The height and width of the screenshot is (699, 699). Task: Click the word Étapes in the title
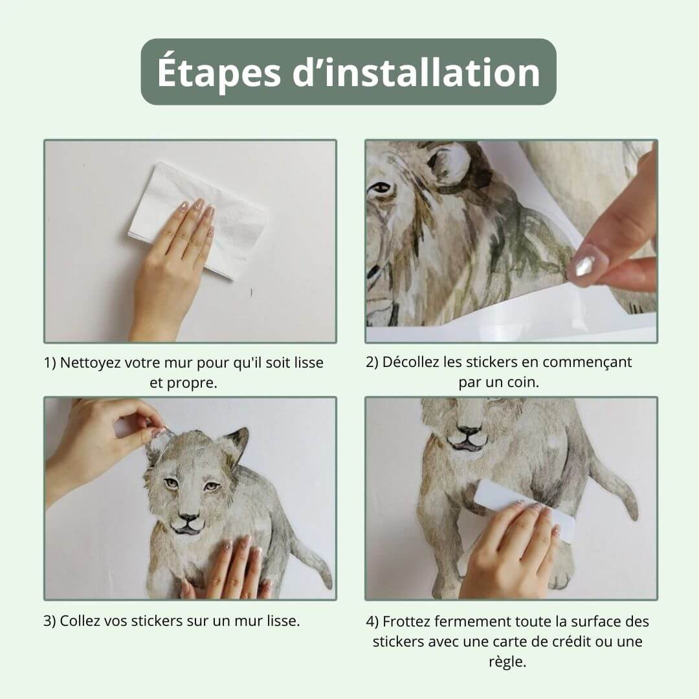[x=219, y=71]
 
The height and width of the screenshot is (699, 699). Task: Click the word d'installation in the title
[x=416, y=71]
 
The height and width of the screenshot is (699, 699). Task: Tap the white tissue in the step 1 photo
[x=199, y=221]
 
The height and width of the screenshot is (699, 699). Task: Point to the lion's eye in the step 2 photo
[x=381, y=188]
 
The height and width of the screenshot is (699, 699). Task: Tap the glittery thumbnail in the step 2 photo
[x=584, y=266]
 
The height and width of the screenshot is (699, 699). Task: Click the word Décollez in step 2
[x=410, y=362]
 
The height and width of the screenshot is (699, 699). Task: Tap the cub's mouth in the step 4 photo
[x=468, y=441]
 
